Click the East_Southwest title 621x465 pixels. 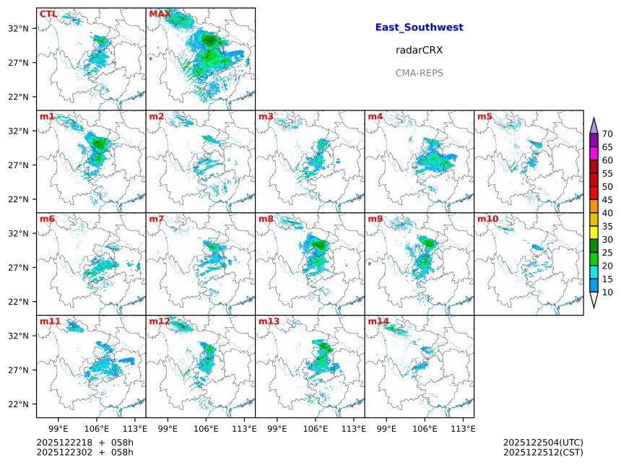[419, 27]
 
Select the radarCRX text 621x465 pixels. [419, 51]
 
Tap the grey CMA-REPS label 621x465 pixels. [419, 73]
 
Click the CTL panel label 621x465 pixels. [48, 14]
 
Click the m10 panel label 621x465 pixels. [487, 219]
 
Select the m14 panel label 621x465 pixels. [378, 321]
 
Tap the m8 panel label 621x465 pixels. [266, 219]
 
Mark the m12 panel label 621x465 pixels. [159, 321]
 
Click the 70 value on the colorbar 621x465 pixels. [607, 134]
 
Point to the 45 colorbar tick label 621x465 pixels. [607, 200]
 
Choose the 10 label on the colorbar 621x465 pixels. [607, 292]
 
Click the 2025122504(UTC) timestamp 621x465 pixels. [542, 442]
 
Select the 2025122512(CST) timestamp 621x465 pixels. [542, 453]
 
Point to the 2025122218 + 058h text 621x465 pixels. [84, 442]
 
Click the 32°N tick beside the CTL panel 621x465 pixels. [18, 28]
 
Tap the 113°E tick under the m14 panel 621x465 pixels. [463, 428]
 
